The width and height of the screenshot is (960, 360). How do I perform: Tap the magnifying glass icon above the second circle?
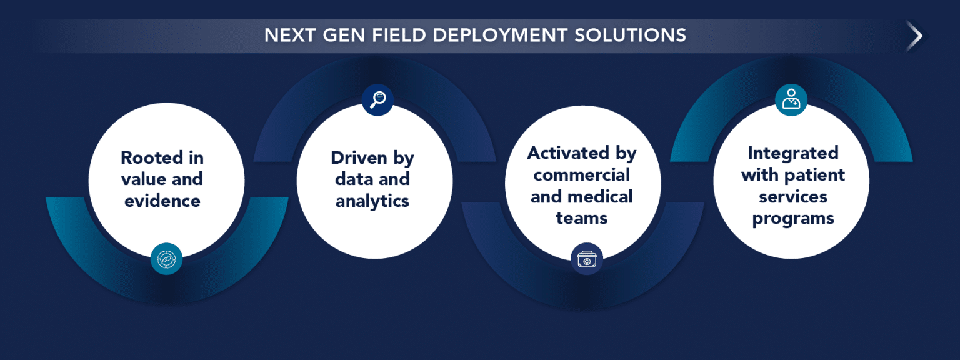pyautogui.click(x=377, y=100)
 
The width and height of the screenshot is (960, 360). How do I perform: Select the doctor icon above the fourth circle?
pyautogui.click(x=791, y=100)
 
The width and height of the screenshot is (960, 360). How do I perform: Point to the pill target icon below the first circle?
pyautogui.click(x=167, y=259)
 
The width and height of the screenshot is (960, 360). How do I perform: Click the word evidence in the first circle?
pyautogui.click(x=162, y=201)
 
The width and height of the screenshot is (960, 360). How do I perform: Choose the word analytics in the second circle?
pyautogui.click(x=372, y=201)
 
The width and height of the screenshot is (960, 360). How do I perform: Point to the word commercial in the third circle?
pyautogui.click(x=582, y=174)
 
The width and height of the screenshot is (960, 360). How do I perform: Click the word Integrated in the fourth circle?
pyautogui.click(x=793, y=153)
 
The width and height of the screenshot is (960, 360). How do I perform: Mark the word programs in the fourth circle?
pyautogui.click(x=793, y=218)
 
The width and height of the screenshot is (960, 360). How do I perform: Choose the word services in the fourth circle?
pyautogui.click(x=793, y=196)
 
